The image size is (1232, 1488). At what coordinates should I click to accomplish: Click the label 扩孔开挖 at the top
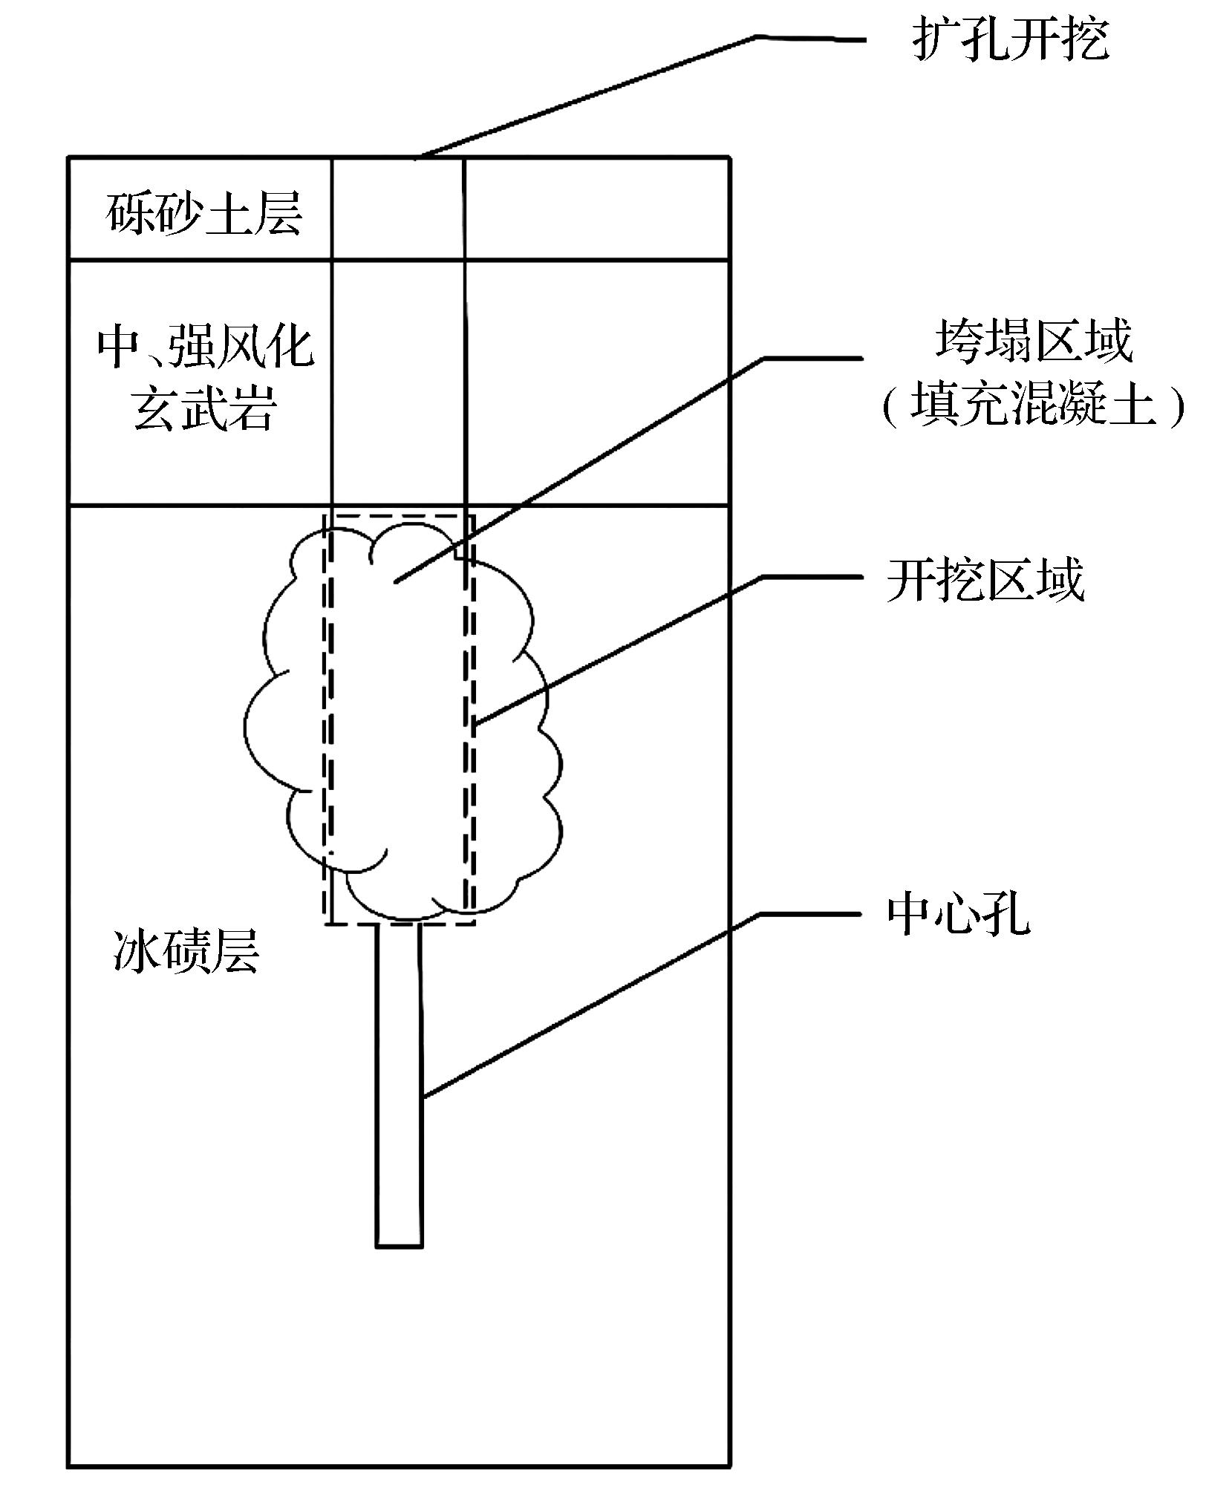1010,39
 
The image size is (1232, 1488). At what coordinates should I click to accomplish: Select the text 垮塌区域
1034,342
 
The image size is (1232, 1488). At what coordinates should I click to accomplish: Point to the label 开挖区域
985,580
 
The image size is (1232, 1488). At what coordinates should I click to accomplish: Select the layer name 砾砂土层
203,214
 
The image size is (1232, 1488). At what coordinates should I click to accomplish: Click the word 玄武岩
205,408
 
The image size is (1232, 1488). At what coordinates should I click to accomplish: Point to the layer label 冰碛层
186,952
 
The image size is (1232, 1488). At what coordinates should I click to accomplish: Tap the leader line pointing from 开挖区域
624,647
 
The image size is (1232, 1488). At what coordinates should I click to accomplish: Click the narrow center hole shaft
399,1077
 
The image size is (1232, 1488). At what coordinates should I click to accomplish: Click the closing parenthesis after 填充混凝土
1176,407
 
